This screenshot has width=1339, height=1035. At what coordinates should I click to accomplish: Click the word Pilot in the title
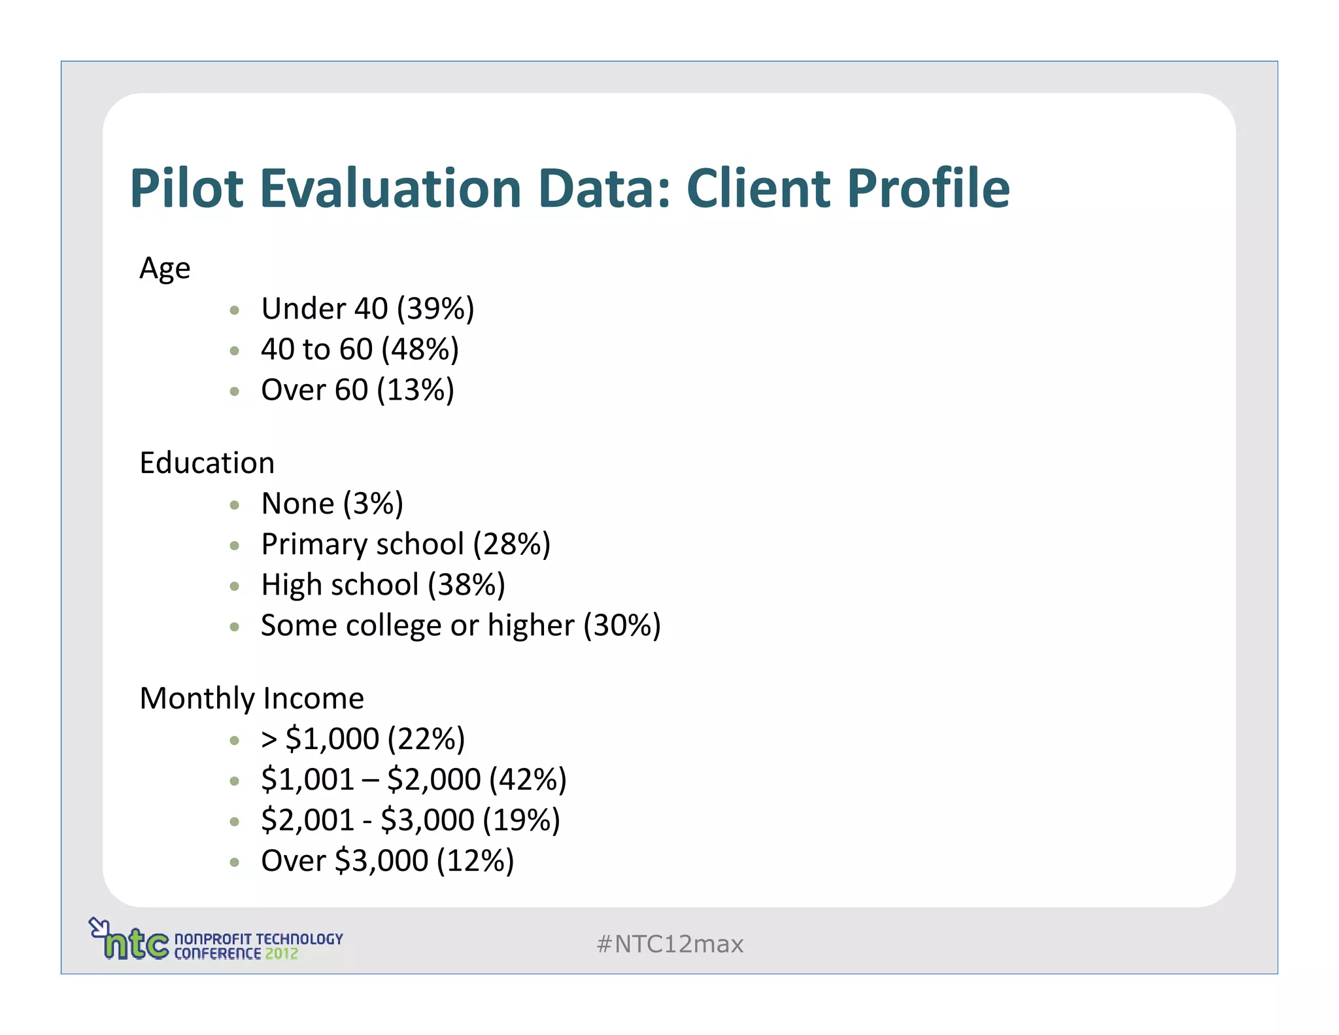[186, 188]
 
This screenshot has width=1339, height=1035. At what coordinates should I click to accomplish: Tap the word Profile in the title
[928, 188]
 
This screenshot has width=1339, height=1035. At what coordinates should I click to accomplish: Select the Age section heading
[165, 268]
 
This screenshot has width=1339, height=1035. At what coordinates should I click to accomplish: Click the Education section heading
[207, 463]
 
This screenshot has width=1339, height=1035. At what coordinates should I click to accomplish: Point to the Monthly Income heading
[252, 699]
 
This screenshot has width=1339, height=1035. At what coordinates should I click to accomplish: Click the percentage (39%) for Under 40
[435, 309]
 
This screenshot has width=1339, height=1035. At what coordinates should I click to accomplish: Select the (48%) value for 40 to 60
[420, 349]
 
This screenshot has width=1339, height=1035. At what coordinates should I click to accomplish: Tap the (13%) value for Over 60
[416, 390]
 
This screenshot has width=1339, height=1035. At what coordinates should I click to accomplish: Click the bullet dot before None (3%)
[235, 504]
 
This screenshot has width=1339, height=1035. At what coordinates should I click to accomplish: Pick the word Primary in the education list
[307, 544]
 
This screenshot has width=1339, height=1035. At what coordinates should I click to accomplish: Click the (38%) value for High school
[467, 585]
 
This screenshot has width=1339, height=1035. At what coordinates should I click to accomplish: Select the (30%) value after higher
[622, 625]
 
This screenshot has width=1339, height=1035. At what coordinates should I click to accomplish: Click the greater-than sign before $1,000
[269, 739]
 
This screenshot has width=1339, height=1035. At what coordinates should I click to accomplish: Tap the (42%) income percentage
[528, 780]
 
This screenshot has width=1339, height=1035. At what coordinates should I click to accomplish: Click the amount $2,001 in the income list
[307, 820]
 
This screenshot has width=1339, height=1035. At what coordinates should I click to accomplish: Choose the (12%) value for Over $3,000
[475, 861]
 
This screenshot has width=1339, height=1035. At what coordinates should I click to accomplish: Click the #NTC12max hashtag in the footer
[670, 944]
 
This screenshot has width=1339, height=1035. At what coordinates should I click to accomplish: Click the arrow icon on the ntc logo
[97, 926]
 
